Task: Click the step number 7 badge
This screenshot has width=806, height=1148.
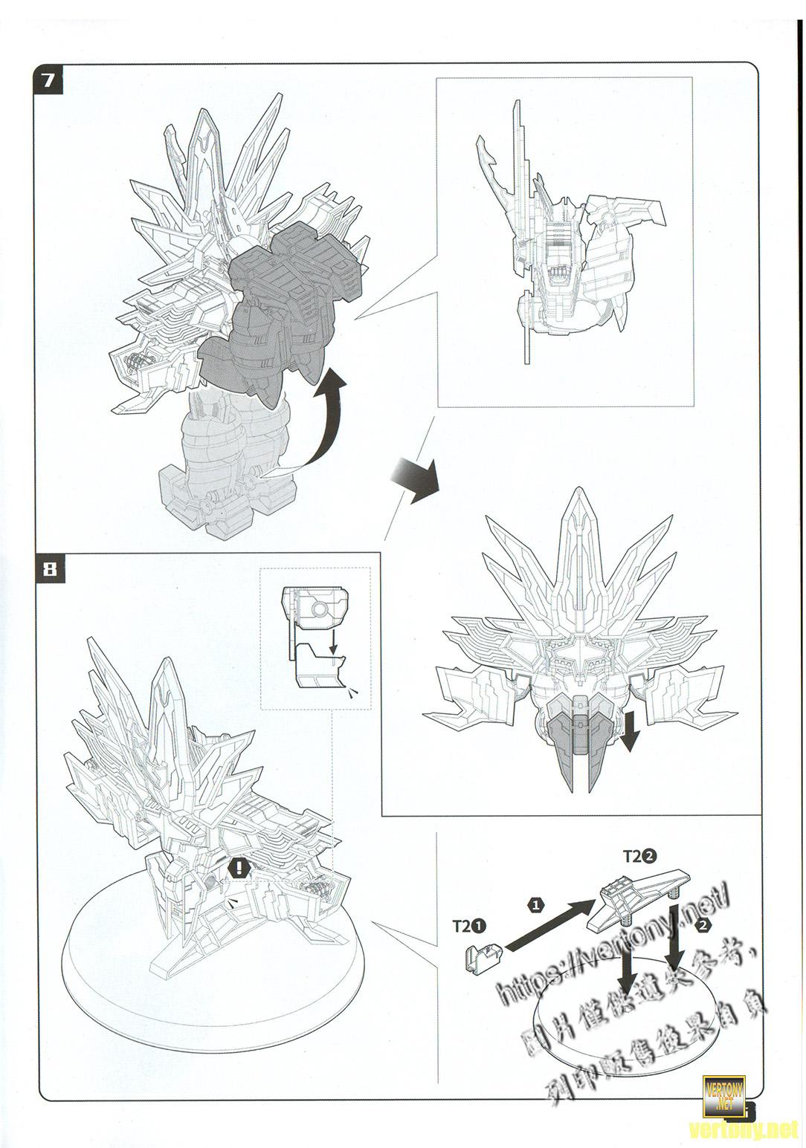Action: pos(48,79)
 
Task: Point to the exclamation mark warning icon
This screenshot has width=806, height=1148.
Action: pos(239,866)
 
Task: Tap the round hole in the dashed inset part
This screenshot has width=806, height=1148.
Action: pos(319,609)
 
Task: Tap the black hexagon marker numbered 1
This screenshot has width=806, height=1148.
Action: pos(536,904)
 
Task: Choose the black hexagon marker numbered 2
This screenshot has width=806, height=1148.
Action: pos(702,926)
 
